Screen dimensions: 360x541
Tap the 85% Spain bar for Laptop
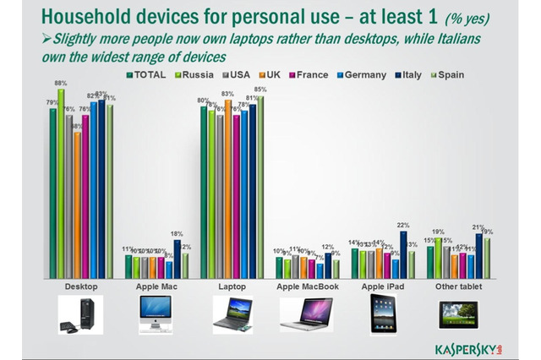point(260,187)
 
